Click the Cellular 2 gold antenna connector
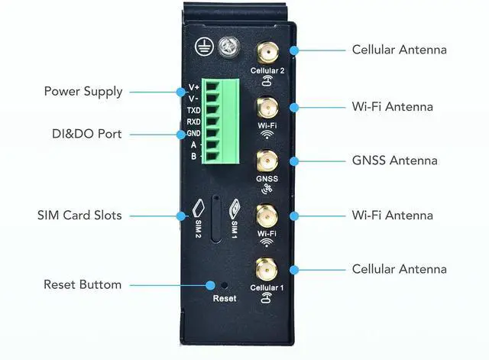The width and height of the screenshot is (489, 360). click(267, 51)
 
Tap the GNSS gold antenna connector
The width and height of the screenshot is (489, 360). click(267, 161)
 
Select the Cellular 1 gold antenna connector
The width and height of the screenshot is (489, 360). click(267, 269)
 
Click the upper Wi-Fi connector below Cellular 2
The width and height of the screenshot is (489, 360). click(267, 106)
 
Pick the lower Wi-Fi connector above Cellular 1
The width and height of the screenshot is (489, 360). click(267, 215)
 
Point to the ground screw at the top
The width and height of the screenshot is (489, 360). click(227, 47)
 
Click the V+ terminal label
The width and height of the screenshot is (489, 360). click(193, 87)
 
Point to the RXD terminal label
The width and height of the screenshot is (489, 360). click(193, 122)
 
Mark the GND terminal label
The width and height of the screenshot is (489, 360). click(193, 133)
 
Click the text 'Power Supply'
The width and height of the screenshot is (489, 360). click(83, 92)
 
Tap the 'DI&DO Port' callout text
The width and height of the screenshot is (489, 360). click(83, 134)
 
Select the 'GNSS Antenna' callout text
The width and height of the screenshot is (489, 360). click(394, 161)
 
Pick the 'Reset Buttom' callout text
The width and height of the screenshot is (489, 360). click(83, 284)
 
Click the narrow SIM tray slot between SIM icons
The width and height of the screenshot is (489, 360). click(217, 219)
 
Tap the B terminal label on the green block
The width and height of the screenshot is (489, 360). click(193, 156)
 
